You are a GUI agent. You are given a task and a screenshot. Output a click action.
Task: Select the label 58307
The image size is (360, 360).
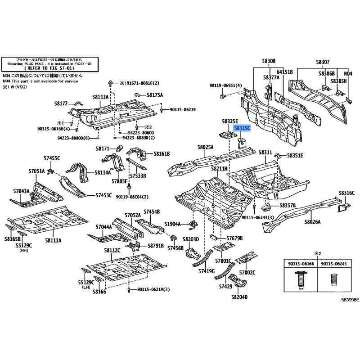click(x=322, y=61)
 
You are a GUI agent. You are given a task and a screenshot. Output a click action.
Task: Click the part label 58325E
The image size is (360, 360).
click(x=230, y=121)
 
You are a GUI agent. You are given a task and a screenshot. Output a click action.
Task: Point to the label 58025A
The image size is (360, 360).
click(x=206, y=147)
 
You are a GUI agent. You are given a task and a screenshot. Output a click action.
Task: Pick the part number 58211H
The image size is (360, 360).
click(x=220, y=168)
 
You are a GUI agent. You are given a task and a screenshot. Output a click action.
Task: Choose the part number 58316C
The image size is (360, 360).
click(x=347, y=193)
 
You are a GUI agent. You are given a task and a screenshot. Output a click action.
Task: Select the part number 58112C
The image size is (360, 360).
click(x=112, y=250)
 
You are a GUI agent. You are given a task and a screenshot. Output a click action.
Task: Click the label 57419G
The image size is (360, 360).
click(x=207, y=271)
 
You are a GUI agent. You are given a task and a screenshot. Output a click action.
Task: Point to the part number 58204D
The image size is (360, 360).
click(x=240, y=297)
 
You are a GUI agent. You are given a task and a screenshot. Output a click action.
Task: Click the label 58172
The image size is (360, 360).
click(x=61, y=103)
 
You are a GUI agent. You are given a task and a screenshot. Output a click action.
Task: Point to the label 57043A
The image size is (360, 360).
click(x=20, y=191)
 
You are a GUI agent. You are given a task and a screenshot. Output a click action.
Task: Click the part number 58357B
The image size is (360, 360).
click(x=287, y=205)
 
